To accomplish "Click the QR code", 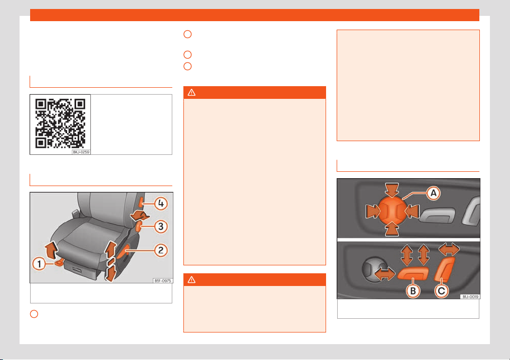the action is coord(60,124).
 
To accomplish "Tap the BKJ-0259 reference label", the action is coord(81,152).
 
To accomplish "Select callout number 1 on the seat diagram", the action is coord(39,263).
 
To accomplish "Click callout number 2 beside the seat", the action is coord(161,251).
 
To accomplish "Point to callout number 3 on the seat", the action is coord(161,226).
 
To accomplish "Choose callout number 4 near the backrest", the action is coord(161,204).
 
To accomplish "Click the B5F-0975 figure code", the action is coord(163,281).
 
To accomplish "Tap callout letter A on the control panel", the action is coord(433,193).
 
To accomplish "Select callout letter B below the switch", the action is coord(413,291).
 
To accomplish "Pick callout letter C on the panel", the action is coord(441,291).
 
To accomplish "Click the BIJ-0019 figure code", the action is coord(470,297).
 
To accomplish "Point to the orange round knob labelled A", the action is coord(393,211).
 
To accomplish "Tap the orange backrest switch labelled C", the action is coord(444,269).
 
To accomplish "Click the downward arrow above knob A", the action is coord(392,190).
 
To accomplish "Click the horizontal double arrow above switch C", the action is coord(449,250).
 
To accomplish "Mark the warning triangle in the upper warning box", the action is coord(191,93).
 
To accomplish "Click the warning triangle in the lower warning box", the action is coord(191,280).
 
